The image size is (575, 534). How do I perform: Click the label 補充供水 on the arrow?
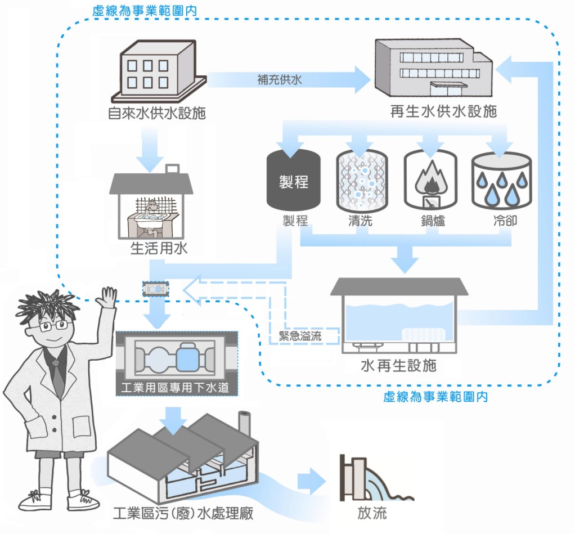[x=280, y=79]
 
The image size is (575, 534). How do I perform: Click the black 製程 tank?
[x=293, y=180]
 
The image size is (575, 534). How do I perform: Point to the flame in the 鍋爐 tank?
[x=430, y=179]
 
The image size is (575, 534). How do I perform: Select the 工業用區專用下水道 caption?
[x=176, y=388]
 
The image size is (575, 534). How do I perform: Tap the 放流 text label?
[x=372, y=513]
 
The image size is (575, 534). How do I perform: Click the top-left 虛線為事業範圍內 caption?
[x=140, y=11]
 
